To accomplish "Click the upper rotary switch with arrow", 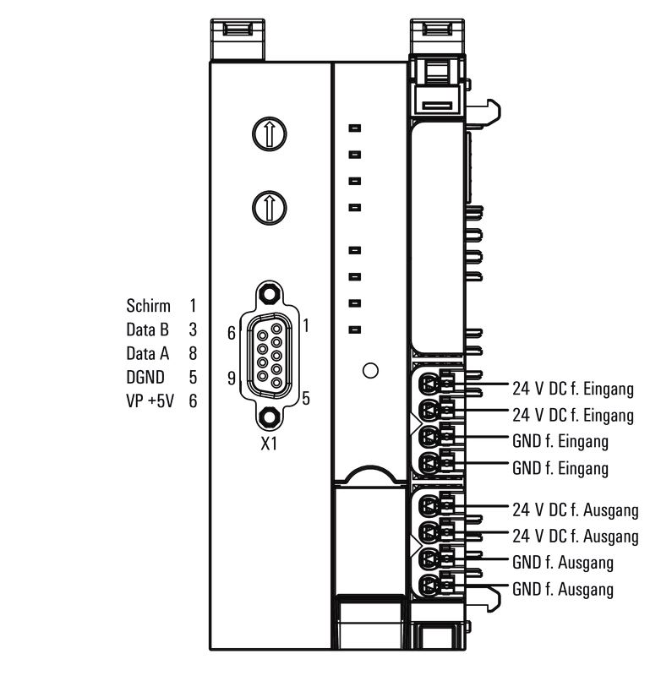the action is tap(270, 133).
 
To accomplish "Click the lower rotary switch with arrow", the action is tap(270, 208).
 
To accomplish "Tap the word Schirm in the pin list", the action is tap(148, 306).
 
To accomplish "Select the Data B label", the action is tap(147, 330).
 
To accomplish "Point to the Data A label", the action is tap(147, 353).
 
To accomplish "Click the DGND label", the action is tap(145, 377).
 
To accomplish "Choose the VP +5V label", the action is tap(150, 400).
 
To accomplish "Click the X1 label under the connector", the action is tap(269, 444).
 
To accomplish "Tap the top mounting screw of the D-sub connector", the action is tap(270, 294).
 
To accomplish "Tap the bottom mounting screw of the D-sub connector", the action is tap(270, 417).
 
